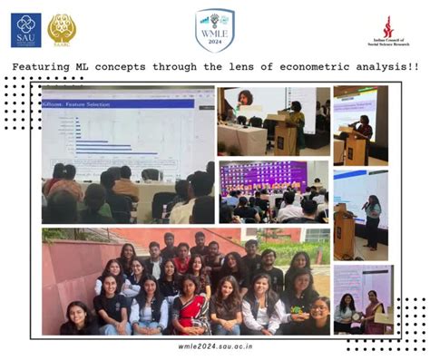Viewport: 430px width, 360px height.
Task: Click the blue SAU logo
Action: (x=25, y=30)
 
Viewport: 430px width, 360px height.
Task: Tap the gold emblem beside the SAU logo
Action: (x=62, y=29)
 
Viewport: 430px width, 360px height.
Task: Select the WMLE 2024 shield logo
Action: (x=214, y=30)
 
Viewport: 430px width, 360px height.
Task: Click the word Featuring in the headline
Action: (x=44, y=67)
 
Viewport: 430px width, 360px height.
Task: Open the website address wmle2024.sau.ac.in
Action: (x=214, y=345)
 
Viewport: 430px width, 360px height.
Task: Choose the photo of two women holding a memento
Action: (x=362, y=299)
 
